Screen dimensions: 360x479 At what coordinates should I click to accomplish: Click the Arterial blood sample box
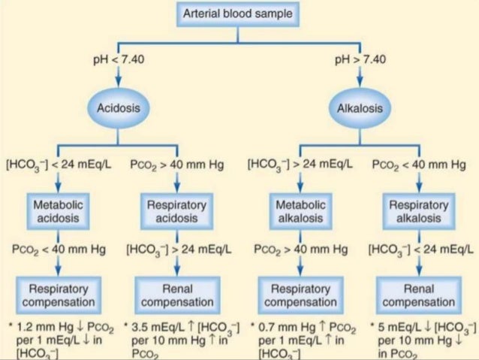[239, 13]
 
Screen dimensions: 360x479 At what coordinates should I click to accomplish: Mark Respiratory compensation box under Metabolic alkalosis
[297, 295]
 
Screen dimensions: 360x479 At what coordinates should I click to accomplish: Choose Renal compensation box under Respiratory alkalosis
[418, 295]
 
